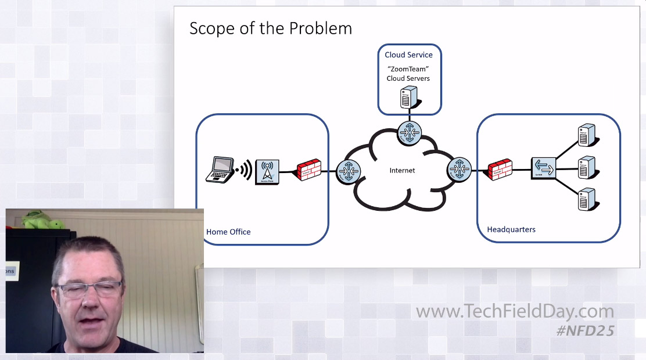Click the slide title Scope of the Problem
pyautogui.click(x=271, y=28)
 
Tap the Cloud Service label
pyautogui.click(x=408, y=55)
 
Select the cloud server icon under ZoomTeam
pyautogui.click(x=409, y=97)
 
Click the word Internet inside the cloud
pyautogui.click(x=402, y=170)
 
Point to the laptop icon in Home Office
pyautogui.click(x=220, y=169)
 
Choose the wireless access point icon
pyautogui.click(x=267, y=172)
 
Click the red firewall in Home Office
pyautogui.click(x=309, y=170)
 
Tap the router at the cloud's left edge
pyautogui.click(x=349, y=171)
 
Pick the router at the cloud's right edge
pyautogui.click(x=459, y=170)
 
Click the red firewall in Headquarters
pyautogui.click(x=500, y=170)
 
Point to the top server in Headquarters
pyautogui.click(x=586, y=135)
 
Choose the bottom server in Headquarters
pyautogui.click(x=586, y=199)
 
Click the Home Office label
pyautogui.click(x=228, y=232)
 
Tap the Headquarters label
pyautogui.click(x=511, y=229)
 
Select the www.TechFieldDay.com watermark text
pyautogui.click(x=515, y=312)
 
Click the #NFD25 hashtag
pyautogui.click(x=585, y=330)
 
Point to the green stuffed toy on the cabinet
pyautogui.click(x=41, y=221)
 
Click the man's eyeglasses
pyautogui.click(x=89, y=289)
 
